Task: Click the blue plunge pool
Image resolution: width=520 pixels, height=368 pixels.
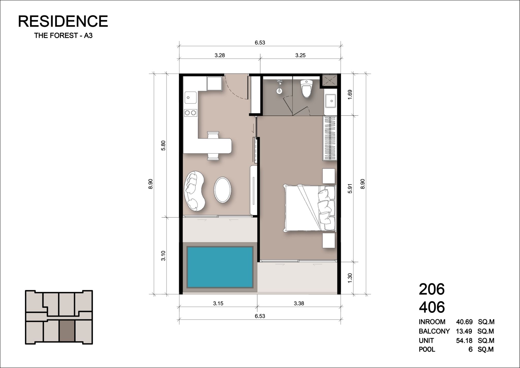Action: click(x=220, y=267)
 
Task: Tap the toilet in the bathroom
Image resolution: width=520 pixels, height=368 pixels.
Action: click(x=306, y=89)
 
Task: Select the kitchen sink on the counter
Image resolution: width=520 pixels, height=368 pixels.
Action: click(x=190, y=98)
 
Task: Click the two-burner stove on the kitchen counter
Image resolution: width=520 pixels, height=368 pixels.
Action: click(x=190, y=113)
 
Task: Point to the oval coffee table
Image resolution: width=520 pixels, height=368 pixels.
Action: click(x=222, y=190)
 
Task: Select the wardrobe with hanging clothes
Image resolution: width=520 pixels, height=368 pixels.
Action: click(x=330, y=138)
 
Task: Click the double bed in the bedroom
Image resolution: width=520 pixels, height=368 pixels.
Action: click(x=310, y=208)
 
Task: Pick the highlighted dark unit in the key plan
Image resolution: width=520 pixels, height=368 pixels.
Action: click(x=67, y=331)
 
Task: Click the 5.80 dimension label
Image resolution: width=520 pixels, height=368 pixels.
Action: click(x=163, y=145)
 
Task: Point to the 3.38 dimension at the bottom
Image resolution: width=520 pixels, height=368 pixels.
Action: click(x=299, y=303)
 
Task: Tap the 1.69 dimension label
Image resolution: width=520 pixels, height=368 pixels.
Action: click(x=350, y=95)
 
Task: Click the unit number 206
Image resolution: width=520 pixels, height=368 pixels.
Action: click(x=432, y=289)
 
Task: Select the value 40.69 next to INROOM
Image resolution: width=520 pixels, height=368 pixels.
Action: click(x=464, y=322)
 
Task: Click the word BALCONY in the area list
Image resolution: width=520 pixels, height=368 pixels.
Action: click(x=434, y=331)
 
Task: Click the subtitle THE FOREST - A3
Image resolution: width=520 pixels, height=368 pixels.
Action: click(x=63, y=36)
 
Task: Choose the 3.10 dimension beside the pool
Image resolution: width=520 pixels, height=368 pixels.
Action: click(x=163, y=256)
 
